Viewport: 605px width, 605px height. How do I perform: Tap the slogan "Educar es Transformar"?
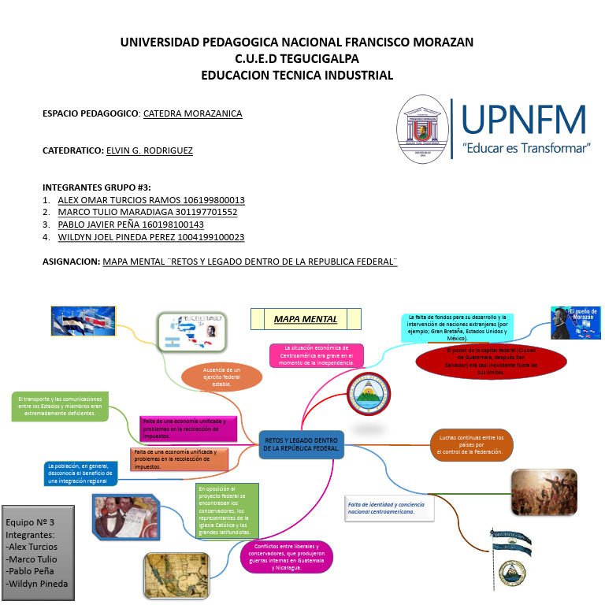pos(525,148)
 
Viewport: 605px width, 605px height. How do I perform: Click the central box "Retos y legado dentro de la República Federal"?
pos(302,444)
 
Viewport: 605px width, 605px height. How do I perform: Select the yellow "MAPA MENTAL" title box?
pos(306,319)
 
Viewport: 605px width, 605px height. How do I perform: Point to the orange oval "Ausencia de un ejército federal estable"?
pos(221,377)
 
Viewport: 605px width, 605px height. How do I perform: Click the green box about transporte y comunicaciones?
pos(60,406)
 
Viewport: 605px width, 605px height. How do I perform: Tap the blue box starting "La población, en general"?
pos(81,473)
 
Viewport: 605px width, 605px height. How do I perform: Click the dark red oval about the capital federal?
pos(492,362)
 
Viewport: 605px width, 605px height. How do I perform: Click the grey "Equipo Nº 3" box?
pos(38,552)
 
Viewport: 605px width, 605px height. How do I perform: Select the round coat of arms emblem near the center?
pos(369,393)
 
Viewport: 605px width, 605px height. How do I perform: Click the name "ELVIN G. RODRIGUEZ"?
pos(149,150)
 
